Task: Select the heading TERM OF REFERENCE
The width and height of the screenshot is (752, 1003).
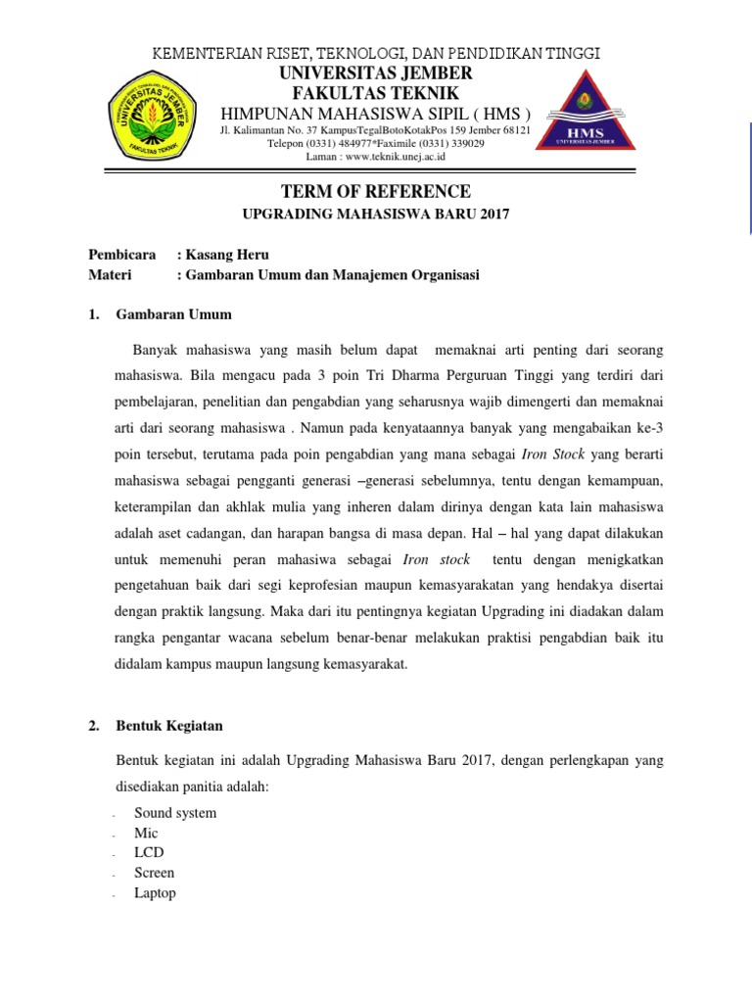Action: pyautogui.click(x=376, y=191)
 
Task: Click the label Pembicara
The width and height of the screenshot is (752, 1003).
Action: pyautogui.click(x=123, y=256)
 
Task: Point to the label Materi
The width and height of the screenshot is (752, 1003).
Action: pyautogui.click(x=110, y=276)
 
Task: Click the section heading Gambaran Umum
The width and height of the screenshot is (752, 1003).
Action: pyautogui.click(x=173, y=315)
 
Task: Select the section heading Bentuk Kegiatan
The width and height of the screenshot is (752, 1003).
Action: pyautogui.click(x=169, y=726)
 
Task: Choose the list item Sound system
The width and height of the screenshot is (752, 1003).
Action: pyautogui.click(x=175, y=813)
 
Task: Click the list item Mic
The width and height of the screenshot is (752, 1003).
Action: pyautogui.click(x=146, y=834)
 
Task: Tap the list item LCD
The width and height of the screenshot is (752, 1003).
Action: pyautogui.click(x=150, y=853)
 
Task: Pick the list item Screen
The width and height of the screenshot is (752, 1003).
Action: pyautogui.click(x=155, y=873)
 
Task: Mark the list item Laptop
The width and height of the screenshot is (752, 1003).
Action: pyautogui.click(x=155, y=893)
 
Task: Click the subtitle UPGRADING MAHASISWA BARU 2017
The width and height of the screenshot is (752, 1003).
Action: pyautogui.click(x=376, y=214)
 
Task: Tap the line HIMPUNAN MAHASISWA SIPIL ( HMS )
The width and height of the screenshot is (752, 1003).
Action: pyautogui.click(x=376, y=112)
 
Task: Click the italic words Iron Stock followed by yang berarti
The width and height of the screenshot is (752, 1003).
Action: pyautogui.click(x=546, y=455)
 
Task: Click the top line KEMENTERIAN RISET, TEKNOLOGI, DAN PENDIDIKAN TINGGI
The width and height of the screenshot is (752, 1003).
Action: pyautogui.click(x=376, y=53)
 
